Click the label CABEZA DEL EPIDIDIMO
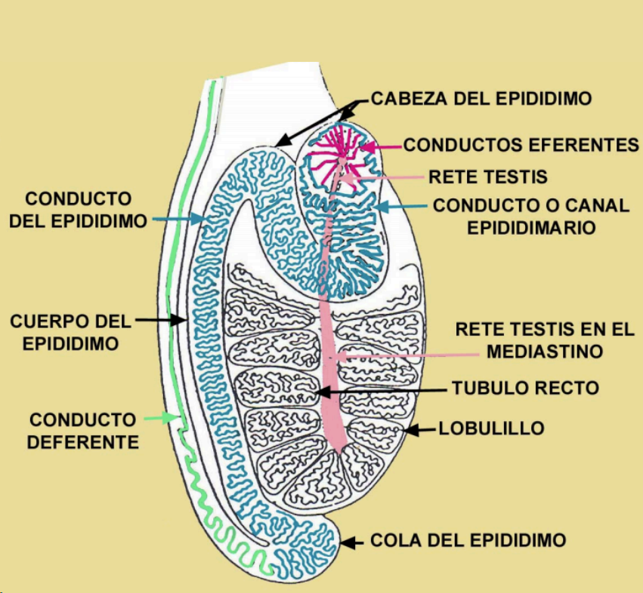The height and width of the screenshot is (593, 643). (481, 99)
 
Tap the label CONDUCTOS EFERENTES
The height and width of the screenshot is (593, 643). (521, 144)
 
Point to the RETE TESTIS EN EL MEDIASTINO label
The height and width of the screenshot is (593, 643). (544, 340)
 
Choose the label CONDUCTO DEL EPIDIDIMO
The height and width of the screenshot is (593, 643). (79, 210)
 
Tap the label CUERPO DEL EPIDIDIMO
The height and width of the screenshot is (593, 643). (70, 332)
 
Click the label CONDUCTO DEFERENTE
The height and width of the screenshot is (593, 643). (83, 430)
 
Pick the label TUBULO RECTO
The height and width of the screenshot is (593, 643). (525, 388)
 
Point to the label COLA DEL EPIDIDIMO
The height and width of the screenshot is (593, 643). (468, 540)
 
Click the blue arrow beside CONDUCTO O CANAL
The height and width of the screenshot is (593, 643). (400, 205)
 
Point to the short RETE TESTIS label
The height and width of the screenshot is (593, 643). (487, 177)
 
